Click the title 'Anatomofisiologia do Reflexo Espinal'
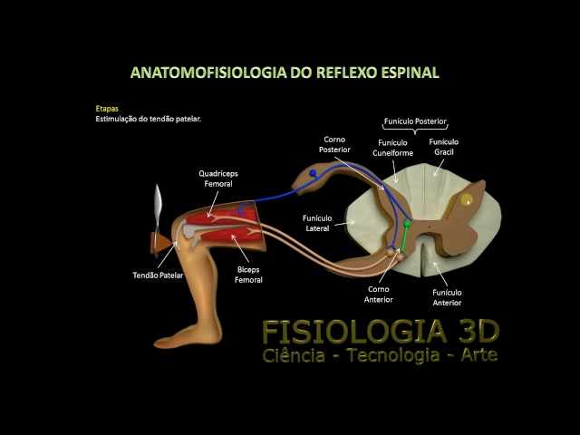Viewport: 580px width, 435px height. tap(285, 72)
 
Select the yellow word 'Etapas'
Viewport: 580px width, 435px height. tap(107, 109)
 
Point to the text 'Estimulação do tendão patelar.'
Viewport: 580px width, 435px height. tap(148, 119)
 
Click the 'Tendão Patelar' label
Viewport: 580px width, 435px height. tap(159, 274)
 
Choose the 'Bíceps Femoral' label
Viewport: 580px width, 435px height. tap(248, 275)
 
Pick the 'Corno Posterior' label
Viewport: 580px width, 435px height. tap(333, 144)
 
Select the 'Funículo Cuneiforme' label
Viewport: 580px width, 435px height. tap(392, 148)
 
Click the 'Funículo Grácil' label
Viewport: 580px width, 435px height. tap(444, 147)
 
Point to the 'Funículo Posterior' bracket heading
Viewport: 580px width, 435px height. tap(416, 121)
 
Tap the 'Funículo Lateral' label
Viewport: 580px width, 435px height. tap(318, 223)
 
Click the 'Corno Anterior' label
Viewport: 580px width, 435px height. tap(378, 295)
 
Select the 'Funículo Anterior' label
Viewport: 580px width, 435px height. tap(447, 297)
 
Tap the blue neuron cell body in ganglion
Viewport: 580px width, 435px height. tap(313, 172)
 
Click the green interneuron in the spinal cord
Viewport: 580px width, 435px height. tap(408, 223)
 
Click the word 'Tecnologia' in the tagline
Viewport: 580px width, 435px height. tap(386, 355)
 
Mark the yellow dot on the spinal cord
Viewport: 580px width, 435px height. tap(467, 198)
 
